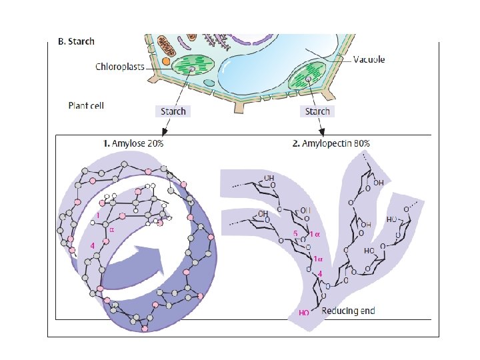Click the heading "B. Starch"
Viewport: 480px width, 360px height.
coord(77,41)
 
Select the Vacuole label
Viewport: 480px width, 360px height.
coord(369,60)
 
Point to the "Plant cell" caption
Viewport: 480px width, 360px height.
coord(86,105)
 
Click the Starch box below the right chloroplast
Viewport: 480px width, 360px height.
coord(317,111)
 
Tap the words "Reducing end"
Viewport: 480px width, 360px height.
coord(348,311)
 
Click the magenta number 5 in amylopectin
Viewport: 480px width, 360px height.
coord(295,234)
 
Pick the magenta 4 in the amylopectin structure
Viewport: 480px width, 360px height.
coord(320,274)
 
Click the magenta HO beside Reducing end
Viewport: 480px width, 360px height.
coord(305,313)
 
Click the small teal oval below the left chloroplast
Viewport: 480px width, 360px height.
coord(209,83)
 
